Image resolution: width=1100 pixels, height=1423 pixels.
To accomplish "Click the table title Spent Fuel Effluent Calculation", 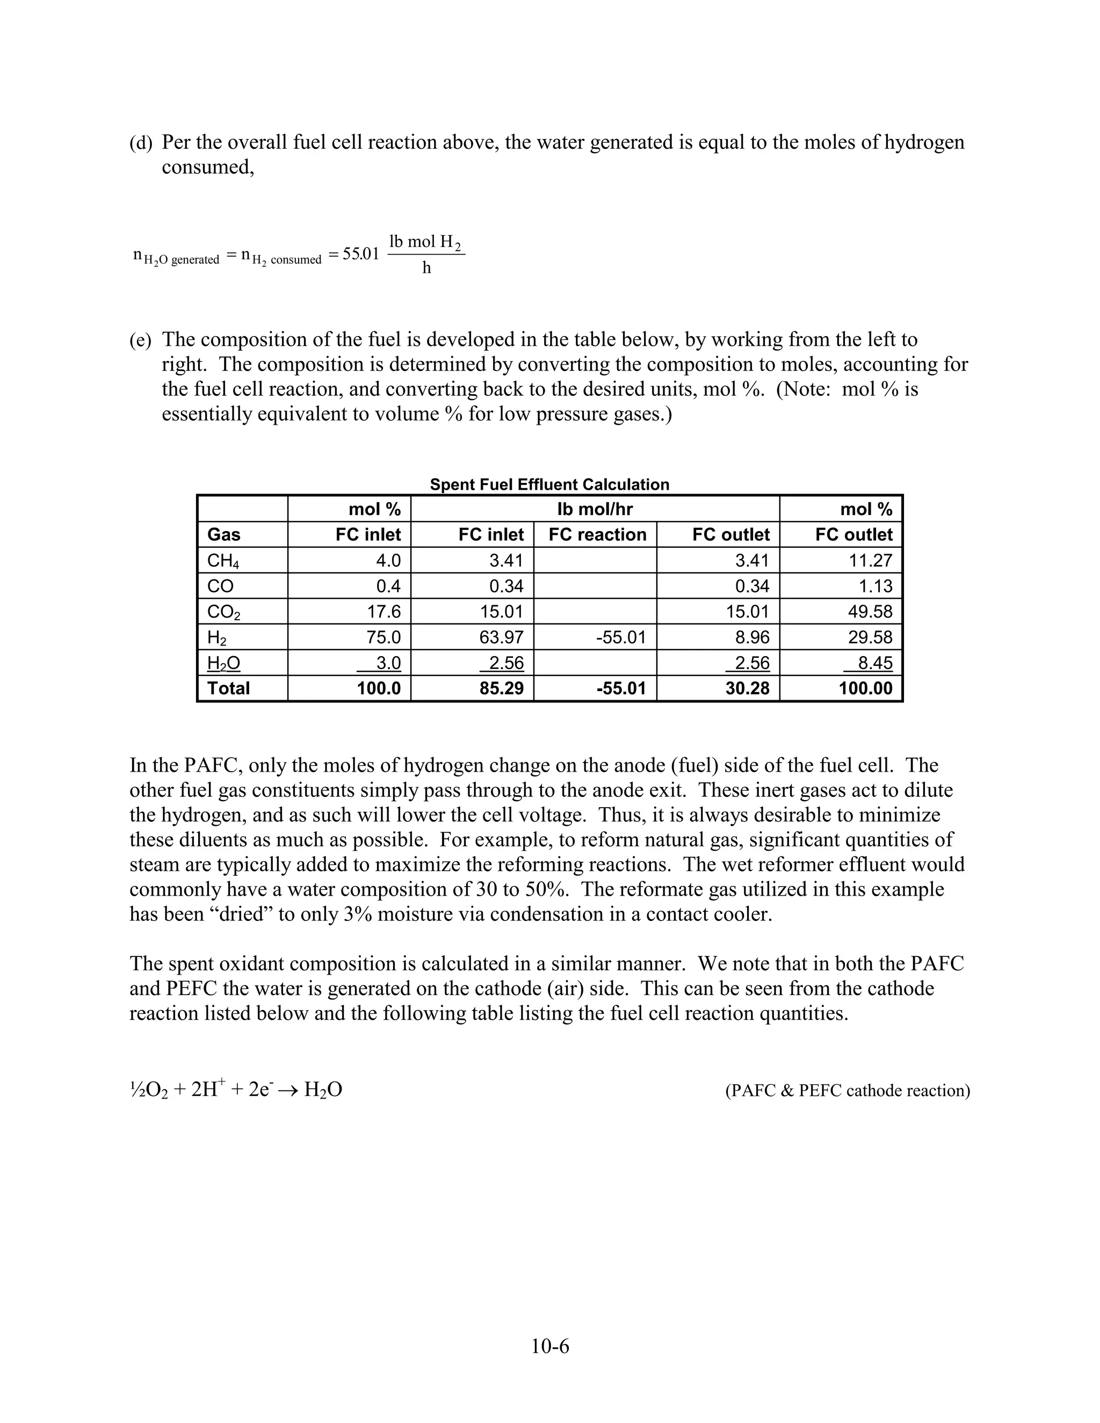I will coord(549,484).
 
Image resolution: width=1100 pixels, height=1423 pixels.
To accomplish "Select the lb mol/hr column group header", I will coord(595,509).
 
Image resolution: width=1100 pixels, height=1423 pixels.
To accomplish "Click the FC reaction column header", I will coord(597,534).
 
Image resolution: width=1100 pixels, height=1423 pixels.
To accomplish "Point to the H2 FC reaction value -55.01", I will coord(620,637).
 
